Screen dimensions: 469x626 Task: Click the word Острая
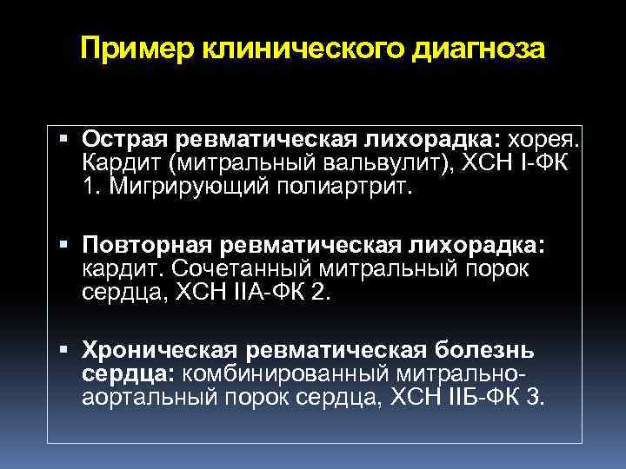pos(125,139)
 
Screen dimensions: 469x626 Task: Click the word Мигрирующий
pos(178,186)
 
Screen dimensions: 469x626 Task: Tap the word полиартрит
pos(343,186)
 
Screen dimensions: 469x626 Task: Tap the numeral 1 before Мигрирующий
pos(90,186)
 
